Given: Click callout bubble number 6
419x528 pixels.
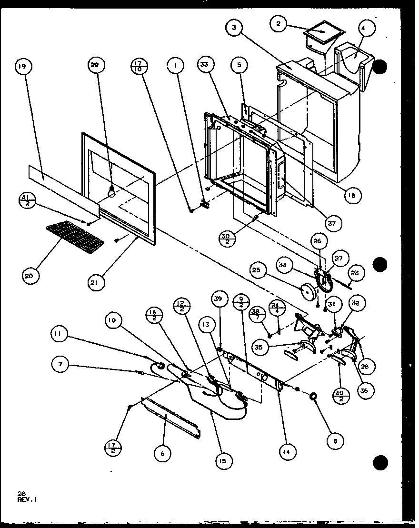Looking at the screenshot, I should click(x=163, y=453).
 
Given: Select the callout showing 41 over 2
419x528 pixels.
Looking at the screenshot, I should click(x=27, y=199).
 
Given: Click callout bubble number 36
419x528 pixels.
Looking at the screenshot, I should click(x=364, y=390).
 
